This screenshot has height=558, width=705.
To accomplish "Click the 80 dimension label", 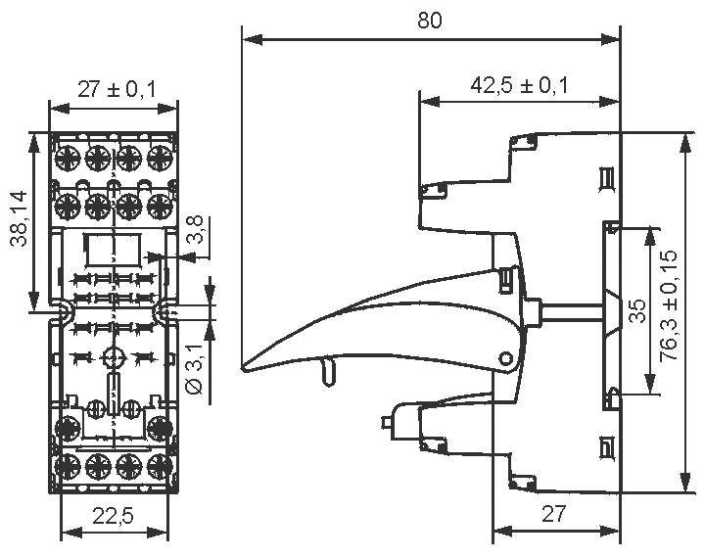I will [x=429, y=22].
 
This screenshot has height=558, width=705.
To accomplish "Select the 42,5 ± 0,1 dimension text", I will [x=519, y=85].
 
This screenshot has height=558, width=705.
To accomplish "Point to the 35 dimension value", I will [x=636, y=311].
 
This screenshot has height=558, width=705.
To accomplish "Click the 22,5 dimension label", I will [x=114, y=517].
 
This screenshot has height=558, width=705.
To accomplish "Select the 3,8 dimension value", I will [x=196, y=231].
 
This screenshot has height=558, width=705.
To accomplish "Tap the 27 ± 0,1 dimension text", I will [x=116, y=89].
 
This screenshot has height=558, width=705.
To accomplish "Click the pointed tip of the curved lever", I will [x=245, y=367].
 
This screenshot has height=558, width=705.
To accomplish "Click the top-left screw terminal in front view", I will [x=67, y=157].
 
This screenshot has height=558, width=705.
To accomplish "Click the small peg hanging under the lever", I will [x=327, y=370].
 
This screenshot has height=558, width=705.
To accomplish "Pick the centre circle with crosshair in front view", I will [x=114, y=357].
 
